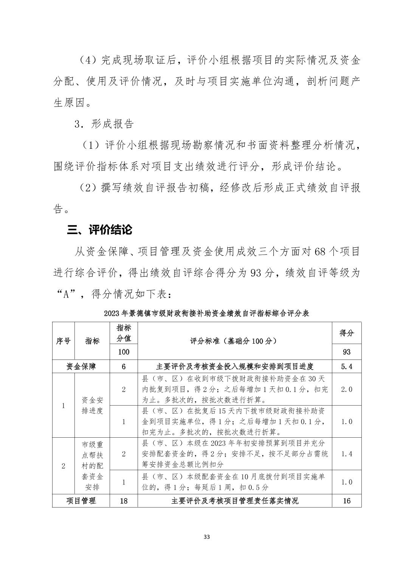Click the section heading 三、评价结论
(x=99, y=230)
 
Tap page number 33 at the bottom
(x=206, y=537)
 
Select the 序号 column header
(x=64, y=341)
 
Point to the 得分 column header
(x=346, y=333)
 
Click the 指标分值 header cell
(x=124, y=333)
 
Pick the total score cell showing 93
(x=346, y=352)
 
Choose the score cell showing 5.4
(x=346, y=366)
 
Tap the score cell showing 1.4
(x=346, y=454)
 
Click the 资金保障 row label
(x=81, y=366)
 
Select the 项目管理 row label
(x=81, y=501)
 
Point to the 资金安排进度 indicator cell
(x=92, y=405)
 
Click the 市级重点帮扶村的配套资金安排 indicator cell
(x=92, y=466)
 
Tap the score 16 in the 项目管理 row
(x=346, y=501)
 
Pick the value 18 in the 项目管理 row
(x=124, y=501)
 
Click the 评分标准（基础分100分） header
(x=234, y=341)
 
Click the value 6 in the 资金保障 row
(x=124, y=366)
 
